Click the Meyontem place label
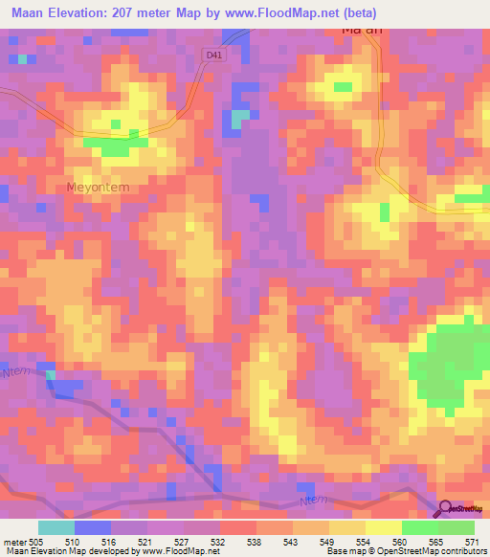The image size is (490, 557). click(97, 188)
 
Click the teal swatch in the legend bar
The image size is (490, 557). click(56, 527)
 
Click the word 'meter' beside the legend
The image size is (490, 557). click(12, 540)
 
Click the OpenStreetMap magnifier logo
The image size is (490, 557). click(446, 509)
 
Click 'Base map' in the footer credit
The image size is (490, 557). click(344, 551)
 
